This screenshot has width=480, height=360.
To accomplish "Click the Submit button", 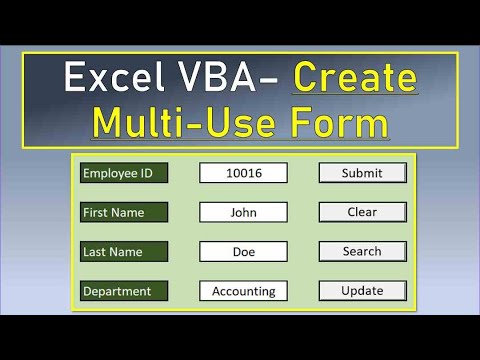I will (x=362, y=173).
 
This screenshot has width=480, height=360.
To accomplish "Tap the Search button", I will (x=362, y=252).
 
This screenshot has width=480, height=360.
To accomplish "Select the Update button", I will (x=362, y=291).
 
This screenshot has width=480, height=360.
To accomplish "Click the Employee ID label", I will (x=125, y=173).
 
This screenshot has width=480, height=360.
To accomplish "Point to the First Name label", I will (x=125, y=212).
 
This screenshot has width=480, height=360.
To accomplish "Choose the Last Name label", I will (x=125, y=252).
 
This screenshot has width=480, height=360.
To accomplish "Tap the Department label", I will (x=125, y=291).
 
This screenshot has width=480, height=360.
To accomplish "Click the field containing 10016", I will (x=244, y=173).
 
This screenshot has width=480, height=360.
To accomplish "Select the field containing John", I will (x=244, y=212).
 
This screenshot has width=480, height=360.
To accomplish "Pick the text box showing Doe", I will (x=244, y=252).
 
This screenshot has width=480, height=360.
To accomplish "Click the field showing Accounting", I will (x=244, y=291).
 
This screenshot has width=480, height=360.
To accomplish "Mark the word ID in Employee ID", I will (x=146, y=173).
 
